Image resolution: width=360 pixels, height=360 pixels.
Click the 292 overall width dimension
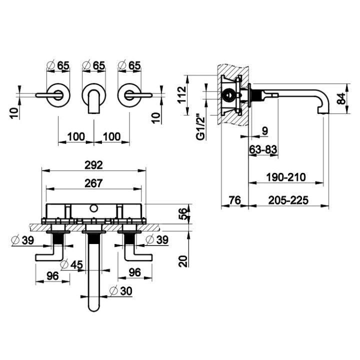[x=94, y=164]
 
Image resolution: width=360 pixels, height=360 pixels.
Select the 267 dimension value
[x=93, y=183]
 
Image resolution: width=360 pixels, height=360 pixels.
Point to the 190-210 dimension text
[x=286, y=176]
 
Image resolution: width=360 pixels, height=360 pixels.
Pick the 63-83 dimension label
[x=263, y=149]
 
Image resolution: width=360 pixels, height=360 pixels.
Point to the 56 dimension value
[x=184, y=214]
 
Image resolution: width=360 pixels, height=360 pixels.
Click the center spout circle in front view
[x=93, y=93]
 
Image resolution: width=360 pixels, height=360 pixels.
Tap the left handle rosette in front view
[x=58, y=93]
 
